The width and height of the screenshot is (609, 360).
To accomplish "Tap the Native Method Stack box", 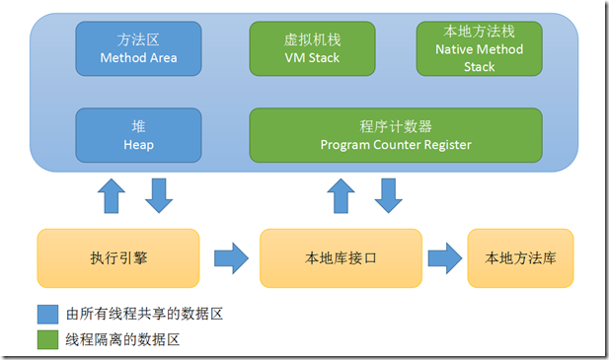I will click(479, 48).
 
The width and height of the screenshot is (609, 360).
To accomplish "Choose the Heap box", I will click(138, 135).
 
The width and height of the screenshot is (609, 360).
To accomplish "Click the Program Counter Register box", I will click(395, 135).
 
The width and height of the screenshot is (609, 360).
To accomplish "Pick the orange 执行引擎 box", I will click(117, 258).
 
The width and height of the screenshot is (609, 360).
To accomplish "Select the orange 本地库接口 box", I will click(340, 258).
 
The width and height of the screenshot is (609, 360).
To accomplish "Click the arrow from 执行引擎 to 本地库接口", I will click(230, 258).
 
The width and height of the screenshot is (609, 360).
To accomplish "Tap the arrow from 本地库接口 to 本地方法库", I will click(444, 258).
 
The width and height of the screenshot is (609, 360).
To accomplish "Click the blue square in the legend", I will click(48, 315).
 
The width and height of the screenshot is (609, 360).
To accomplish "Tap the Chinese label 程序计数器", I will click(395, 126).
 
